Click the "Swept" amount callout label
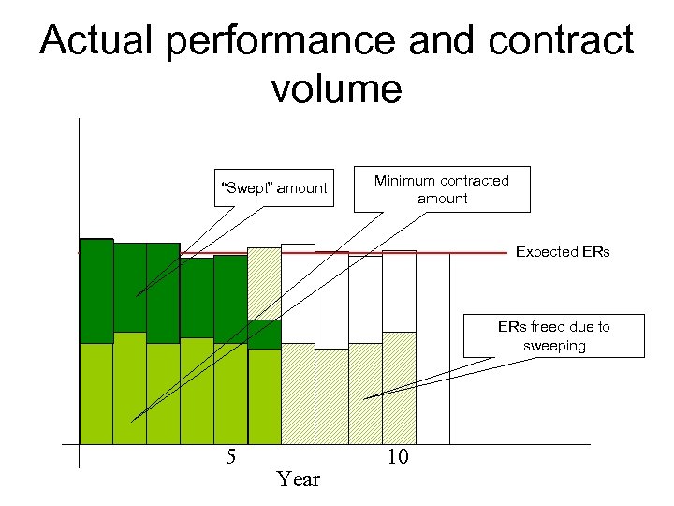point(272,188)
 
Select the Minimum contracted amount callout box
point(442,189)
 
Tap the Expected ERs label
point(563,252)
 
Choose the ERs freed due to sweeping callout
point(554,335)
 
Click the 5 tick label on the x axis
point(230,457)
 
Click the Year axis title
point(299,480)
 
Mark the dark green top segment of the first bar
point(96,290)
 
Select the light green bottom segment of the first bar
point(96,394)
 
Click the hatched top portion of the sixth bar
point(264,283)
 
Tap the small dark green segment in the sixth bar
point(264,335)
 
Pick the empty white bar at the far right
point(432,347)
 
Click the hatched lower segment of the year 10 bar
point(399,387)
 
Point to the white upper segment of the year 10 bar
point(399,290)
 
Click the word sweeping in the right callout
point(554,345)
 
